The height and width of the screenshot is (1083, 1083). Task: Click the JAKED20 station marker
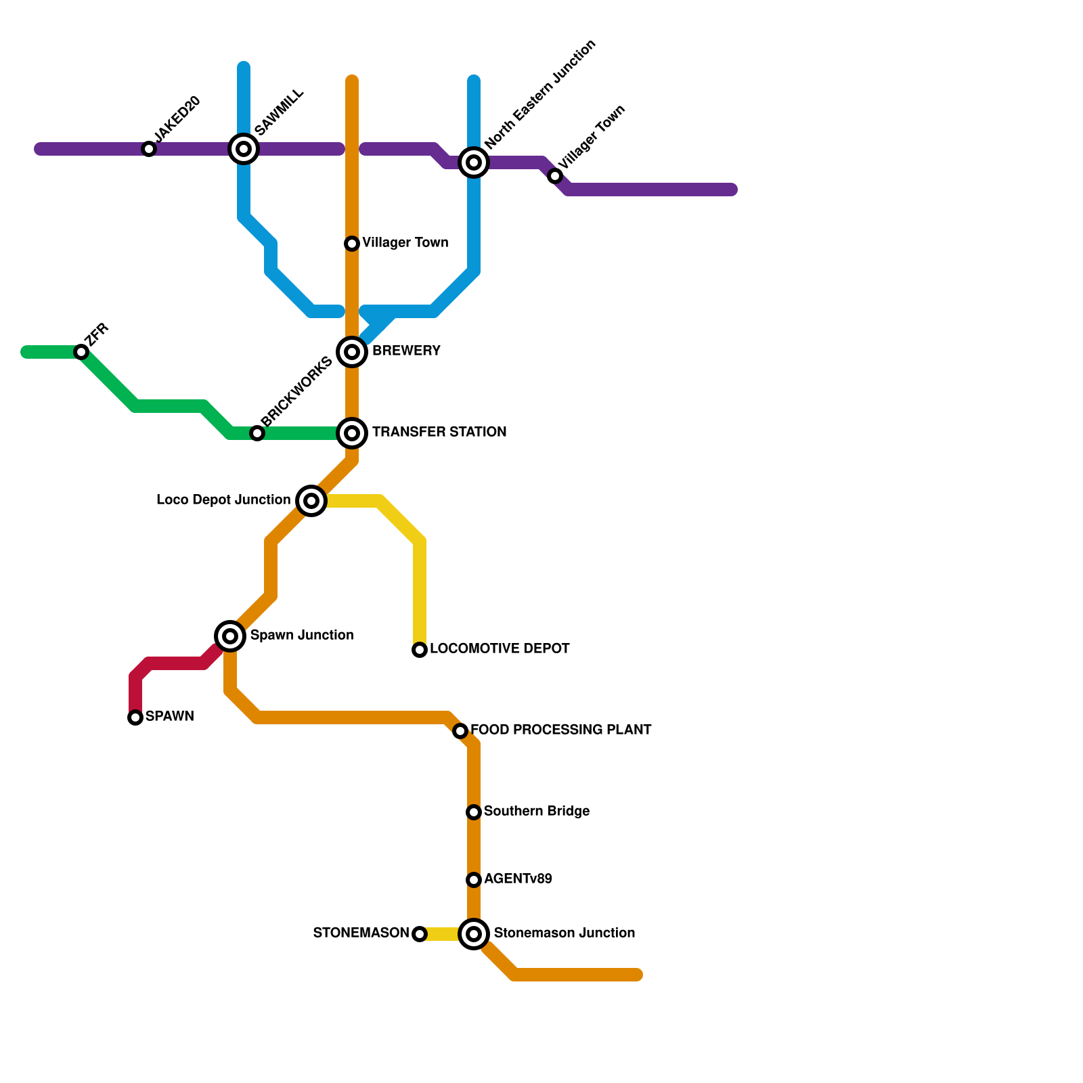coord(149,149)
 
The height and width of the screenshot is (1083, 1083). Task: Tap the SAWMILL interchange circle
coord(244,149)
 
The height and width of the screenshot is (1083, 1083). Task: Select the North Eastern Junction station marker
coord(474,162)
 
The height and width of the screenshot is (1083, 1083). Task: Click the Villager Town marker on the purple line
coord(555,176)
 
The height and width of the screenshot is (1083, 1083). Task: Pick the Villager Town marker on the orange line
coord(352,244)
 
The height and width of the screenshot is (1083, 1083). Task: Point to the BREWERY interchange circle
coord(352,352)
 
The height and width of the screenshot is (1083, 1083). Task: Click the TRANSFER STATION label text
coord(439,432)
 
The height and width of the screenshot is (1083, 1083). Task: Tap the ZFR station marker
coord(81,352)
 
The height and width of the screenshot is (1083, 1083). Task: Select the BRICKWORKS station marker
coord(257,433)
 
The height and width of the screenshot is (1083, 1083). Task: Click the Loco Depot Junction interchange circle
coord(311,501)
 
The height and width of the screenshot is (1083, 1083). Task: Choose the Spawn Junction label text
coord(301,635)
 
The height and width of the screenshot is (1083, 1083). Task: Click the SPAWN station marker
coord(135,717)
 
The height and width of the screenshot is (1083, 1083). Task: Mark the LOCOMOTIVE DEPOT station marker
coord(420,650)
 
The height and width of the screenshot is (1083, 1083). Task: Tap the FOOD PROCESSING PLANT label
coord(560,730)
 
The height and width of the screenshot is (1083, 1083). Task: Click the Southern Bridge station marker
coord(474,812)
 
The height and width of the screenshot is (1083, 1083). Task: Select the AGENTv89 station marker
coord(474,880)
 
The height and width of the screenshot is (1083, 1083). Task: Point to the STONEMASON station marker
coord(420,934)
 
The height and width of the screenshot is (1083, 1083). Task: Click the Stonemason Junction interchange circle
coord(474,934)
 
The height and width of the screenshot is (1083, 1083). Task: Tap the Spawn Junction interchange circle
coord(230,636)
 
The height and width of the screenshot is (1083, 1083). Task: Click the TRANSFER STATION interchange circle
coord(352,433)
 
